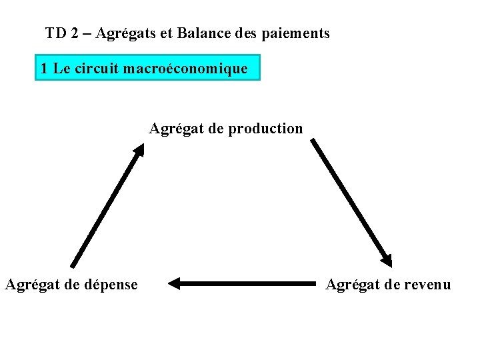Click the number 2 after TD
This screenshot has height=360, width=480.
[75, 33]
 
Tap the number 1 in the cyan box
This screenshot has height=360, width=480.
[44, 68]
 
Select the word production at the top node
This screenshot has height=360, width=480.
[265, 129]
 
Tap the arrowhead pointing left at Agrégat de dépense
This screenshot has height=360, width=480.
[175, 284]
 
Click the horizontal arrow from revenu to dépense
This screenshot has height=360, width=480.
[247, 284]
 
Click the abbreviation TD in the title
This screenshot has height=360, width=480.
[55, 33]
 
